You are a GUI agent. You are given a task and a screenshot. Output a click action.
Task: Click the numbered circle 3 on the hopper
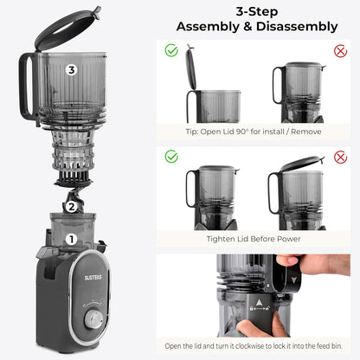(72, 69)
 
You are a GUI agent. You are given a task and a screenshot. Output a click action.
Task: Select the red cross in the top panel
(340, 51)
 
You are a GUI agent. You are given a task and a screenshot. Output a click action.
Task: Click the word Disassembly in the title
(295, 27)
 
